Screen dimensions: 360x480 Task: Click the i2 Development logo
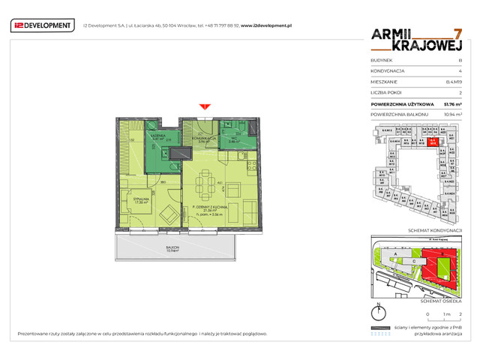tap(42, 25)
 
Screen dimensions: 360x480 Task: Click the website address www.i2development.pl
tap(265, 25)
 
